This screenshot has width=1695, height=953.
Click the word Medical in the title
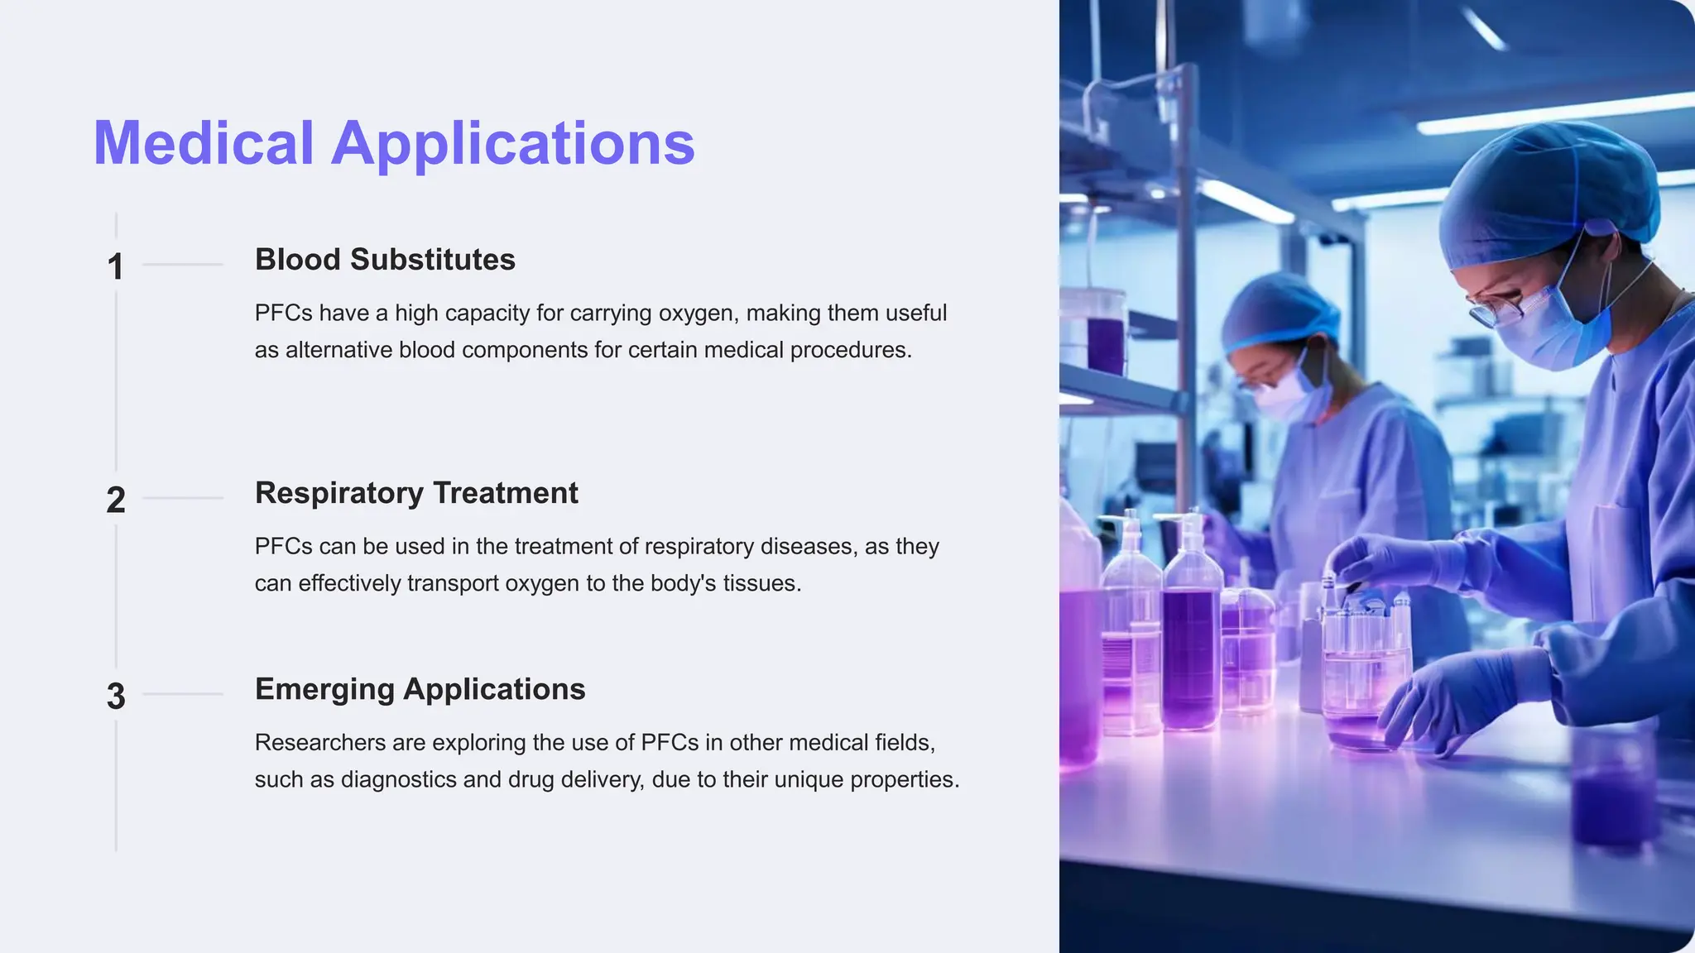pos(204,143)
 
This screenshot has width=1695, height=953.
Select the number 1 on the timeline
pos(115,266)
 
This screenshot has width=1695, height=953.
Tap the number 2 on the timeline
pos(115,500)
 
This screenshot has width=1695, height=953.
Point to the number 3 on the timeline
pos(116,696)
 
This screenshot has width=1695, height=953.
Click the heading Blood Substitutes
pos(385,260)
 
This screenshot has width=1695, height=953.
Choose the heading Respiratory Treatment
pos(416,493)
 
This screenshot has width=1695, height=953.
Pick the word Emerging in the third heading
pos(324,690)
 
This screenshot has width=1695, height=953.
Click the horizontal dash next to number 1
pos(183,265)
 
